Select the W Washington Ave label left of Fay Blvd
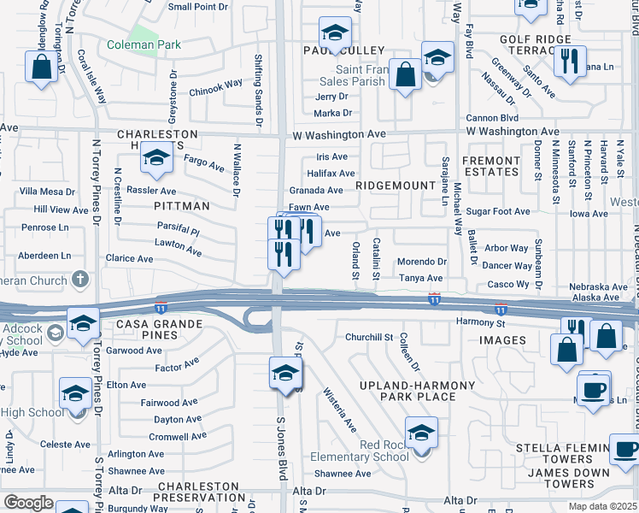tap(340, 134)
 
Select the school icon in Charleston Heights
tap(157, 158)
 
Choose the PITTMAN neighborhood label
tap(182, 206)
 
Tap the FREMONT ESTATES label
tap(490, 166)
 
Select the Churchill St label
tap(368, 338)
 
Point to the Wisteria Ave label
tap(339, 408)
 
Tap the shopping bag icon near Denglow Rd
tap(40, 68)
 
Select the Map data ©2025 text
tap(604, 506)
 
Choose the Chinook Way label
tap(216, 87)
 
